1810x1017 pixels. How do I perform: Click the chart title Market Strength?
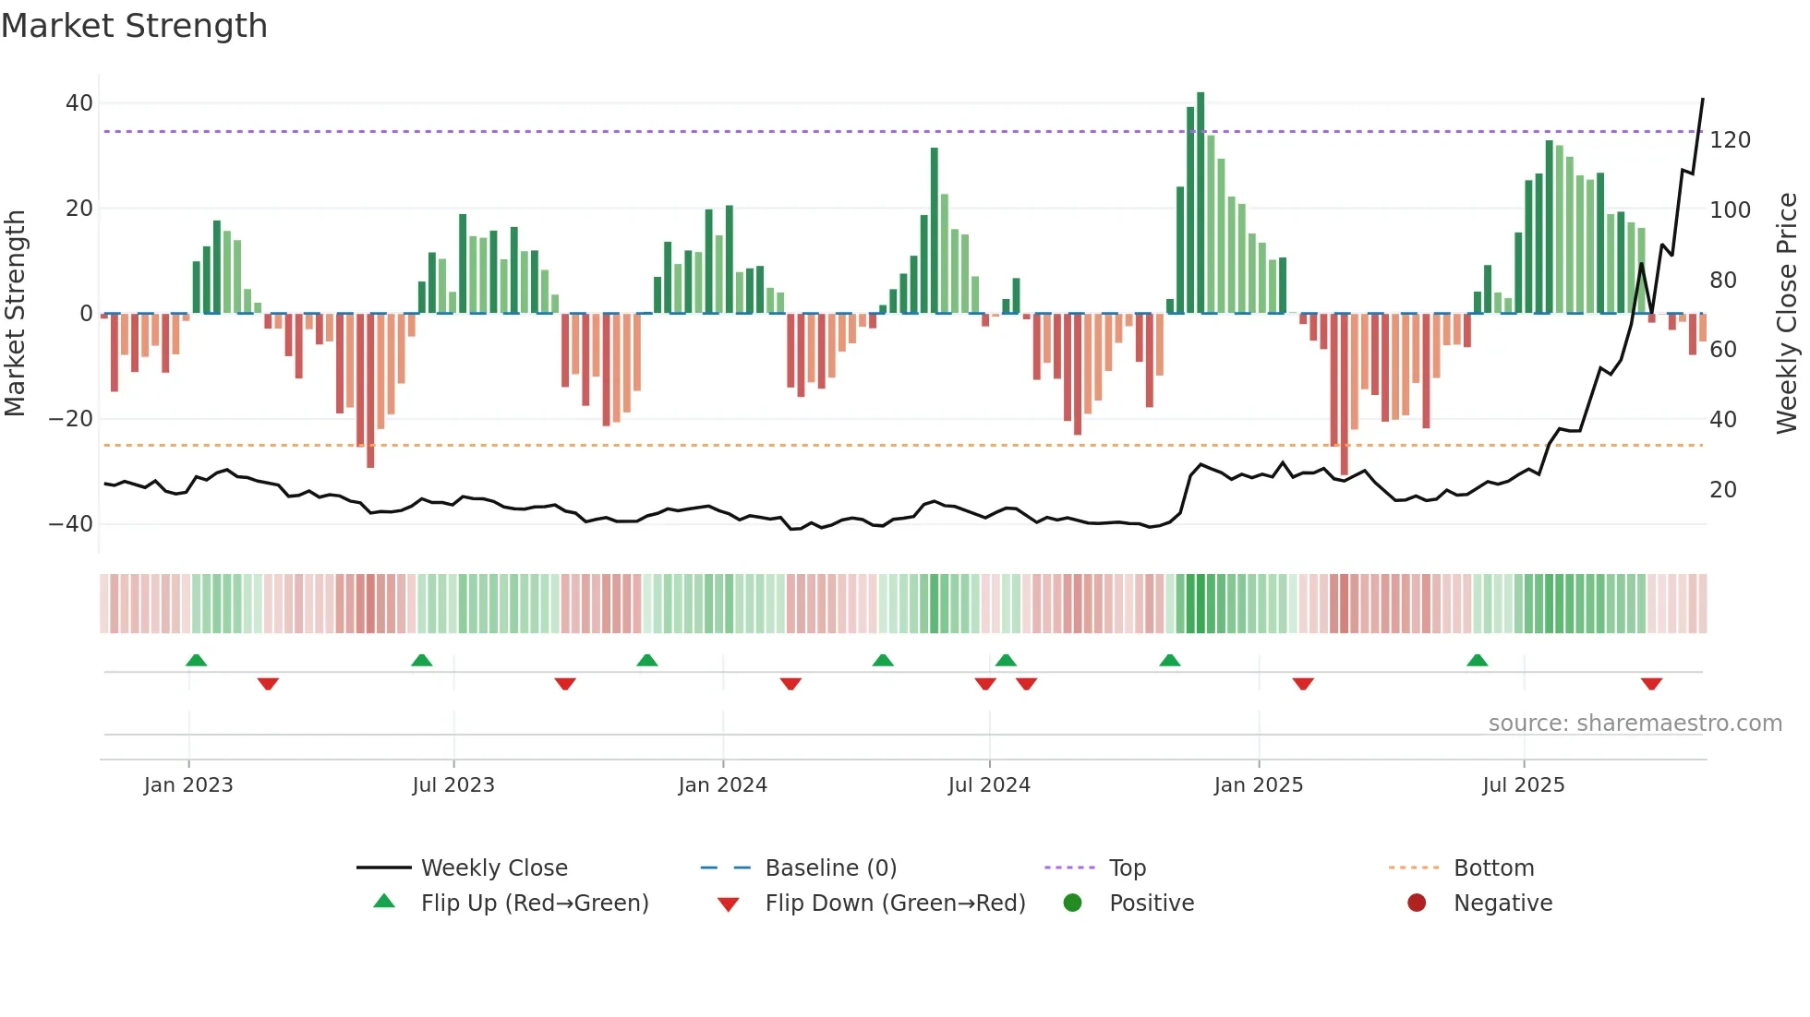pos(134,26)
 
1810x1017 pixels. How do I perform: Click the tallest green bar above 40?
pos(1201,202)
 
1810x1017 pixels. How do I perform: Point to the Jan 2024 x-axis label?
pos(722,785)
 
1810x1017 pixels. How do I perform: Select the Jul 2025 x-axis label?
pos(1523,785)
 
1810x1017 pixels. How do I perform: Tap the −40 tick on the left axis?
pos(71,524)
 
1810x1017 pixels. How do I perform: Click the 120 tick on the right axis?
pos(1730,140)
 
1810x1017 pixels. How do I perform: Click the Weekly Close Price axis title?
pos(1788,313)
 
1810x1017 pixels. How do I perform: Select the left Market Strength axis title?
pos(16,313)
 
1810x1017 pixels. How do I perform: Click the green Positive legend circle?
pos(1072,903)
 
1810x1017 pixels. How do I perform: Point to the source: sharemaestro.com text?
pos(1635,724)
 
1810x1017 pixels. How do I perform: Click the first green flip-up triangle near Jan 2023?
pos(196,660)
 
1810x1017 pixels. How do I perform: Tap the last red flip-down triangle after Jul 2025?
pos(1651,684)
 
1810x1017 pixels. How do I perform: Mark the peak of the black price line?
pos(1703,99)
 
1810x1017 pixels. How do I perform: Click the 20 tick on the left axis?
pos(79,209)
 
